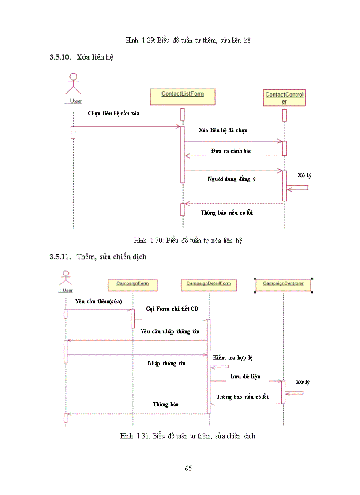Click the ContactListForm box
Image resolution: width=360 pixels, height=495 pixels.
[x=183, y=97]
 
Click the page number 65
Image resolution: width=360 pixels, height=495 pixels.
[x=188, y=469]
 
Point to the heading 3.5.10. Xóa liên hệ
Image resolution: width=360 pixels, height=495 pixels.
[x=82, y=57]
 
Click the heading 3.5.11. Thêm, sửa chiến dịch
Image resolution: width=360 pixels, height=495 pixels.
[x=98, y=257]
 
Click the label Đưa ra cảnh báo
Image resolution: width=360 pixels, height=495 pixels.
[x=231, y=151]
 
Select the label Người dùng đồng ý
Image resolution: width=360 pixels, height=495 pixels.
[x=232, y=179]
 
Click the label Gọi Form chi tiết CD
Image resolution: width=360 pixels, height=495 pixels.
[x=172, y=309]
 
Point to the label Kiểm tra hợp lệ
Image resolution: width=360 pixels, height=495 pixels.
[x=232, y=358]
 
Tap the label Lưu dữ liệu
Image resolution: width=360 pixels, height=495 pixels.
[x=245, y=376]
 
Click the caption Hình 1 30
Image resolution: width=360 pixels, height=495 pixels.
[x=188, y=241]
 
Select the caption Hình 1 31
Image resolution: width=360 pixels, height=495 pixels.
[x=187, y=436]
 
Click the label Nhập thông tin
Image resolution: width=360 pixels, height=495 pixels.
[x=166, y=364]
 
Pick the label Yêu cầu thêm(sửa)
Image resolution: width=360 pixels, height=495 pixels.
[x=98, y=301]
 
